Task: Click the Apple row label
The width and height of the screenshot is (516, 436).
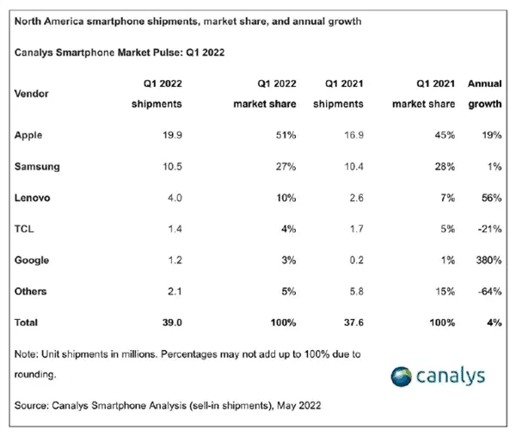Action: pos(31,135)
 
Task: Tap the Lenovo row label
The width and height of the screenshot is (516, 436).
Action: pos(34,198)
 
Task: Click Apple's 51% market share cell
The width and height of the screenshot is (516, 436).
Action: pos(286,135)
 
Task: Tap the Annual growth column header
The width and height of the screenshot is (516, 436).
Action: pos(484,94)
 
